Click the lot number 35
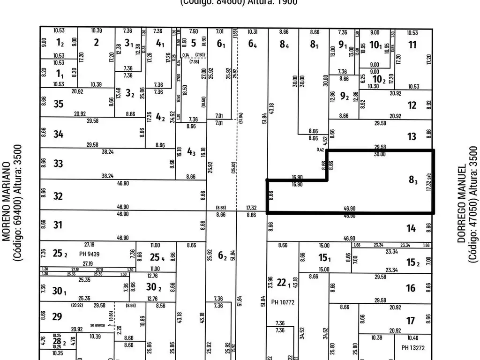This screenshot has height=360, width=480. [x=58, y=104]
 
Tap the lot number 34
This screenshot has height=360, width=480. [x=58, y=135]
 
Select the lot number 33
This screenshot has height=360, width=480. [x=58, y=164]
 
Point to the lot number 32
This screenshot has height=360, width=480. [x=58, y=196]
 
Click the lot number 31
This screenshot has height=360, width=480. [x=58, y=225]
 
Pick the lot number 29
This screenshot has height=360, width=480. [x=57, y=316]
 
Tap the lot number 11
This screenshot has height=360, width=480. [x=412, y=45]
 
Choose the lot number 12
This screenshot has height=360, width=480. [x=412, y=105]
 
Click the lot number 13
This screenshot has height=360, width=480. [x=412, y=137]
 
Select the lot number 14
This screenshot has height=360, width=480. [x=411, y=228]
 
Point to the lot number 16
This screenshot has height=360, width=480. [x=411, y=288]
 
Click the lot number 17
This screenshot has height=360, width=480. [x=411, y=321]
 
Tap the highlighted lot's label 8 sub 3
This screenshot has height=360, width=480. [x=413, y=180]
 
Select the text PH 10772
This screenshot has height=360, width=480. [x=283, y=302]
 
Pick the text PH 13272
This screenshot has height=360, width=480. [x=413, y=347]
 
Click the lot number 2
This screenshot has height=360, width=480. [x=96, y=42]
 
